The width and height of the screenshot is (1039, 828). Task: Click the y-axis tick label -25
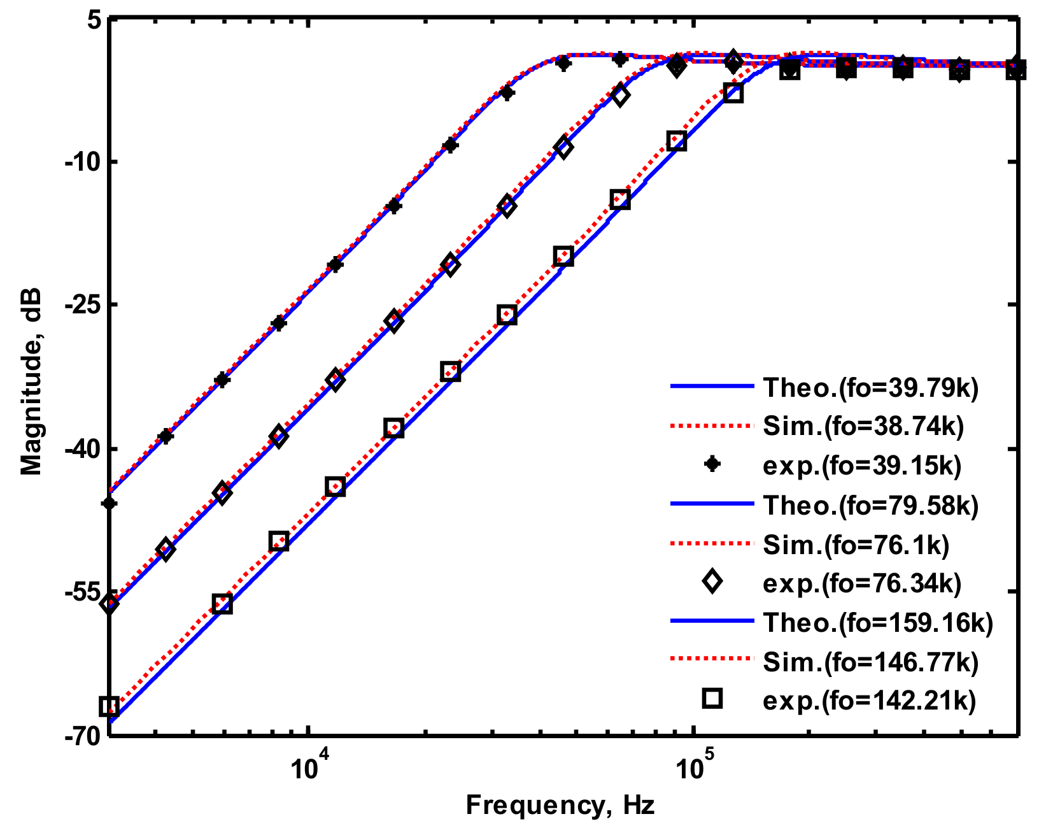83,304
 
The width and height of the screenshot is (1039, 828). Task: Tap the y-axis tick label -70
83,736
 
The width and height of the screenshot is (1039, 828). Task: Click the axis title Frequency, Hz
560,806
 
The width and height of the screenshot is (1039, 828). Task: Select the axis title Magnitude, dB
31,381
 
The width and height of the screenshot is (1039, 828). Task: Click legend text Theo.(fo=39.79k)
870,387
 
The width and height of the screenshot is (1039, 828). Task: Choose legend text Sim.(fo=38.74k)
863,426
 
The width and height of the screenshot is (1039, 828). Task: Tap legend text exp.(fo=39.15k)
861,466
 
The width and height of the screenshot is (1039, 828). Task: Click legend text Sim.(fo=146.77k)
870,662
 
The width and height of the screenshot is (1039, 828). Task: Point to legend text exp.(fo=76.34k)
861,583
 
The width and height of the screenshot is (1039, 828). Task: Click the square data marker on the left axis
110,707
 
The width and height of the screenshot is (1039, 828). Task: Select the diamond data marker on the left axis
110,603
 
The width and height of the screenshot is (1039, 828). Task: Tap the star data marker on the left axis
110,503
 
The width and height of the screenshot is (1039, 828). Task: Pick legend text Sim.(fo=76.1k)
856,544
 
